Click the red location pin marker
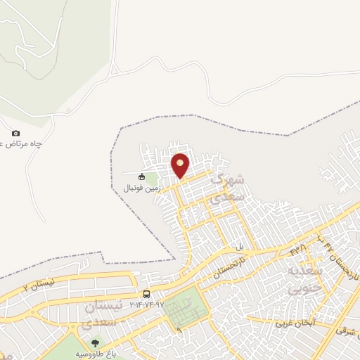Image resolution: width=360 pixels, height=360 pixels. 181,165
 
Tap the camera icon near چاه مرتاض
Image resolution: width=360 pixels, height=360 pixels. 16,134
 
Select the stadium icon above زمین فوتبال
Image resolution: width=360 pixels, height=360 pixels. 142,177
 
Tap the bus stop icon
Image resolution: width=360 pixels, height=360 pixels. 146,294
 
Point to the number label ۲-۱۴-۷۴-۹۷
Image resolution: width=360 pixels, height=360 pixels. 147,304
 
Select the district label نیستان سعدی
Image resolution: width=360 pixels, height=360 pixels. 101,314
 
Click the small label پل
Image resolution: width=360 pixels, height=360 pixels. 239,247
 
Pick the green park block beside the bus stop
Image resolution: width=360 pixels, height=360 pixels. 186,309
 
